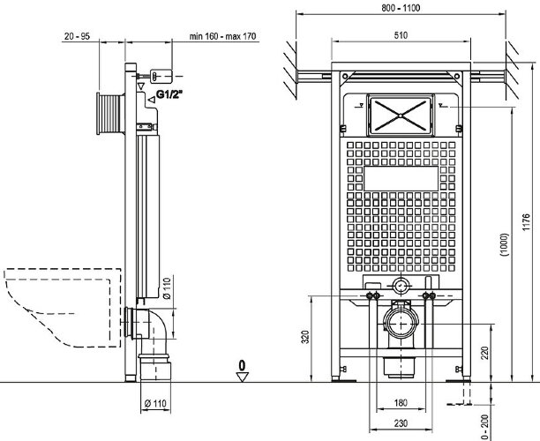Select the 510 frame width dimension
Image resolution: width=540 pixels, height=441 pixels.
point(400,36)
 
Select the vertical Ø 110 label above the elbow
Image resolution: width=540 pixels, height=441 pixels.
point(168,288)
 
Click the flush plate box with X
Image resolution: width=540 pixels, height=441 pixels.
point(401,111)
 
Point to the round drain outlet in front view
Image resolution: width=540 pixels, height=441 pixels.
point(401,323)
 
